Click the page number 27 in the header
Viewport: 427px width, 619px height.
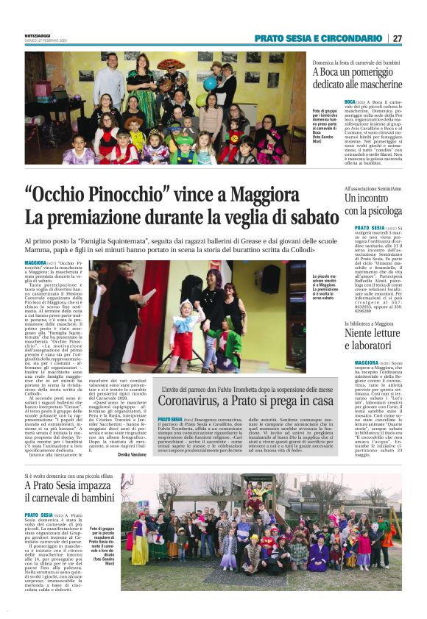(398, 38)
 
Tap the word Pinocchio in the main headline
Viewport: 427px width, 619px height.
(123, 197)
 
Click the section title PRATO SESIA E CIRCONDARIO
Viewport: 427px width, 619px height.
(319, 38)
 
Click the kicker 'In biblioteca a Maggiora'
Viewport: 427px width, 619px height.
(371, 323)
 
